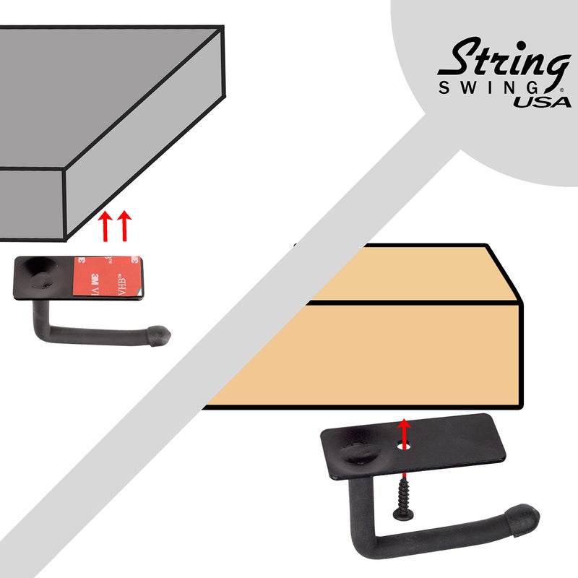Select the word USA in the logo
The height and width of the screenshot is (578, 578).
tap(543, 101)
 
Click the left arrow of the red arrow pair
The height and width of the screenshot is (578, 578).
tap(105, 225)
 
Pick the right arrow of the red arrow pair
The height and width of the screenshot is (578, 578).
tap(124, 225)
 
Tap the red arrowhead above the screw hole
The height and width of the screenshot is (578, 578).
tap(405, 424)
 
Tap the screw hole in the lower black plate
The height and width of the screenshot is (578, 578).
tap(405, 447)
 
